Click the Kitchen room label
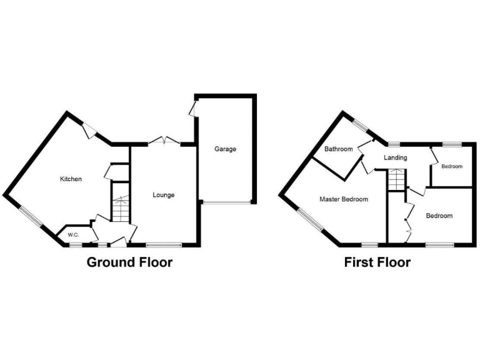pyautogui.click(x=71, y=179)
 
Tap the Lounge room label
pyautogui.click(x=164, y=195)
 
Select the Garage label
pyautogui.click(x=225, y=149)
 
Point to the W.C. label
pyautogui.click(x=73, y=234)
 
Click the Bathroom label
pyautogui.click(x=338, y=149)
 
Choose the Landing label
pyautogui.click(x=396, y=157)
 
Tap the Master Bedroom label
pyautogui.click(x=344, y=199)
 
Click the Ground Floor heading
pyautogui.click(x=129, y=262)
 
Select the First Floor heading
pyautogui.click(x=377, y=262)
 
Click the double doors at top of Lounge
pyautogui.click(x=164, y=141)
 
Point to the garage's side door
pyautogui.click(x=194, y=109)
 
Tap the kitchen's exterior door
pyautogui.click(x=89, y=129)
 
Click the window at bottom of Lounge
pyautogui.click(x=164, y=244)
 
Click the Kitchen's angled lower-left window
pyautogui.click(x=30, y=216)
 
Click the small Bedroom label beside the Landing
pyautogui.click(x=451, y=167)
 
